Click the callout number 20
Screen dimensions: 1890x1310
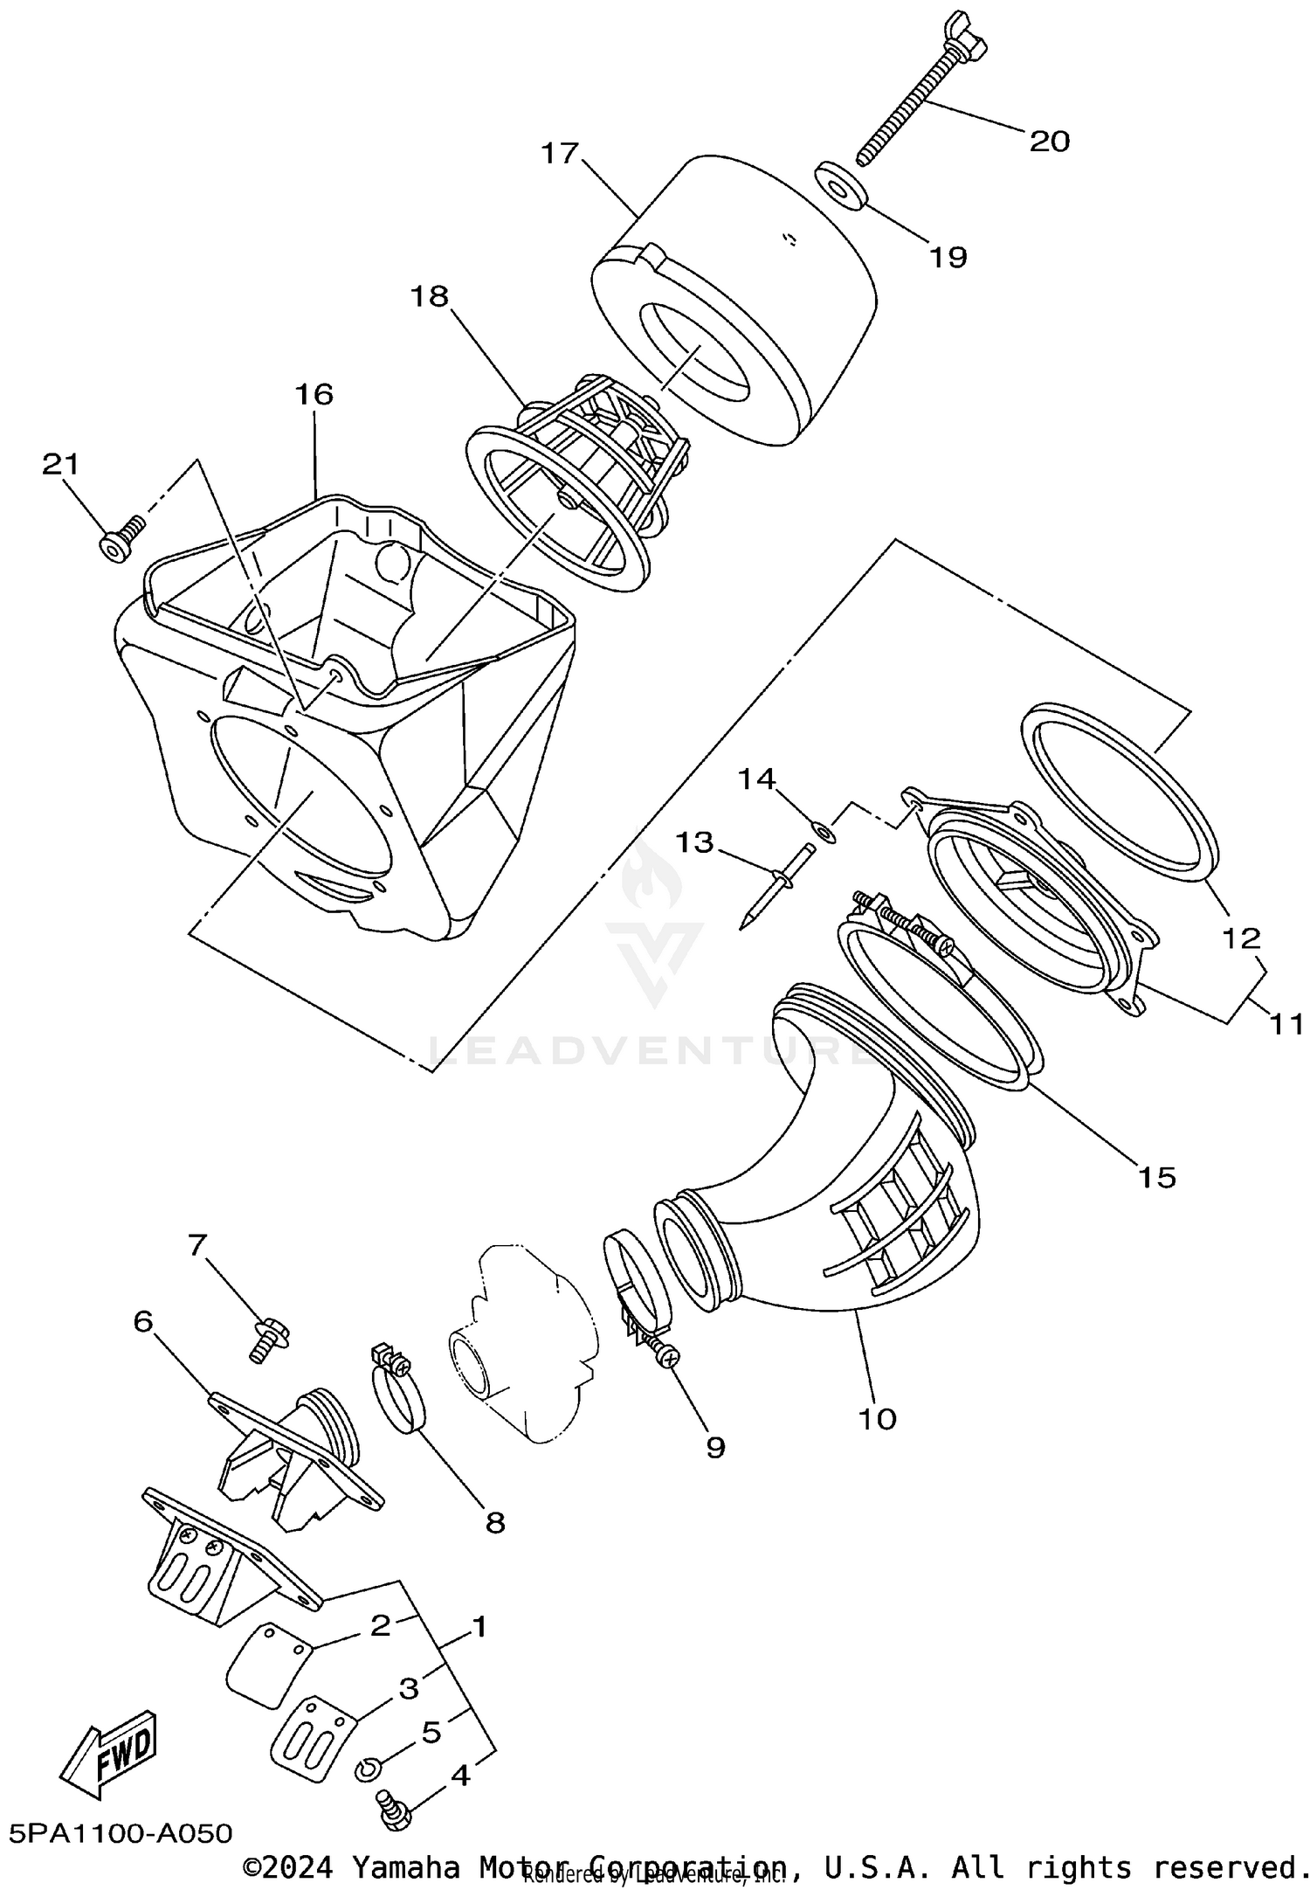pyautogui.click(x=1049, y=142)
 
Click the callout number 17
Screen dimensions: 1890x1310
pyautogui.click(x=560, y=153)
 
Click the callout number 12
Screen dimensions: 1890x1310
pyautogui.click(x=1241, y=938)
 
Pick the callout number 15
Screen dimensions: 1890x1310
pyautogui.click(x=1156, y=1177)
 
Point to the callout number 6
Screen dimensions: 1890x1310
pyautogui.click(x=142, y=1322)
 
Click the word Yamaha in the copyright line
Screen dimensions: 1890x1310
pyautogui.click(x=407, y=1867)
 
